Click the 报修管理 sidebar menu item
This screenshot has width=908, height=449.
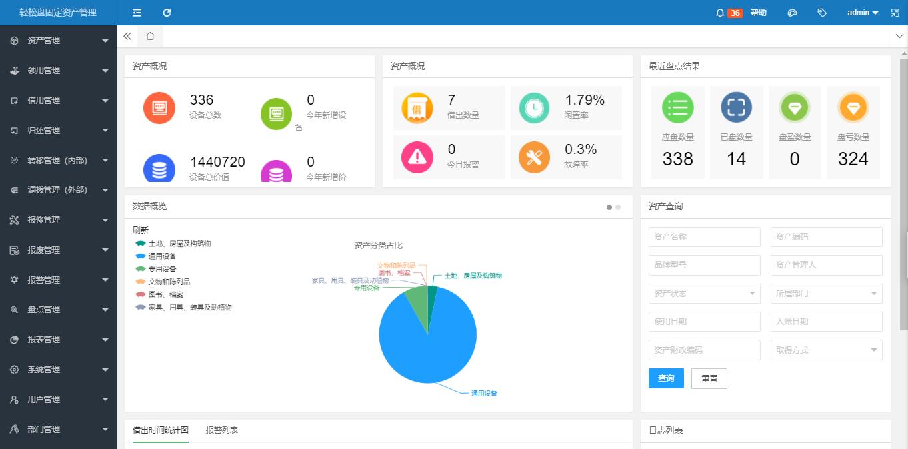(x=44, y=220)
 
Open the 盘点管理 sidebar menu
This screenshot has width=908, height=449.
(x=44, y=310)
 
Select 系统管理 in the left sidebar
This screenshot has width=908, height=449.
(x=44, y=370)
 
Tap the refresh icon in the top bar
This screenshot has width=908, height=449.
(x=167, y=13)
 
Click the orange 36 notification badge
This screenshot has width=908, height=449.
(x=735, y=13)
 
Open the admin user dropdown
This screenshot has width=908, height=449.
(x=863, y=13)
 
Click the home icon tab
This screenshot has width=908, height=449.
(x=150, y=36)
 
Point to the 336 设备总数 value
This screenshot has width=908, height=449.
(x=201, y=100)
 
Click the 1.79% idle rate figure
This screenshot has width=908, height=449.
(x=585, y=100)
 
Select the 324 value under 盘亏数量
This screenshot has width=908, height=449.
(x=853, y=159)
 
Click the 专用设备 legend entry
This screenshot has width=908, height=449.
(x=162, y=269)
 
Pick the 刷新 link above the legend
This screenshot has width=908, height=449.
(x=141, y=230)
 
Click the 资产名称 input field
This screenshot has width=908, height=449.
(x=704, y=237)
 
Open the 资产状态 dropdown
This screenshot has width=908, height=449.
(x=704, y=293)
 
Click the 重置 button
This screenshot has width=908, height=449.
(x=709, y=378)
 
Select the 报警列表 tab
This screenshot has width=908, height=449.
(x=221, y=430)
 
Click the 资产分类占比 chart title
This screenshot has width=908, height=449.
(x=379, y=246)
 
